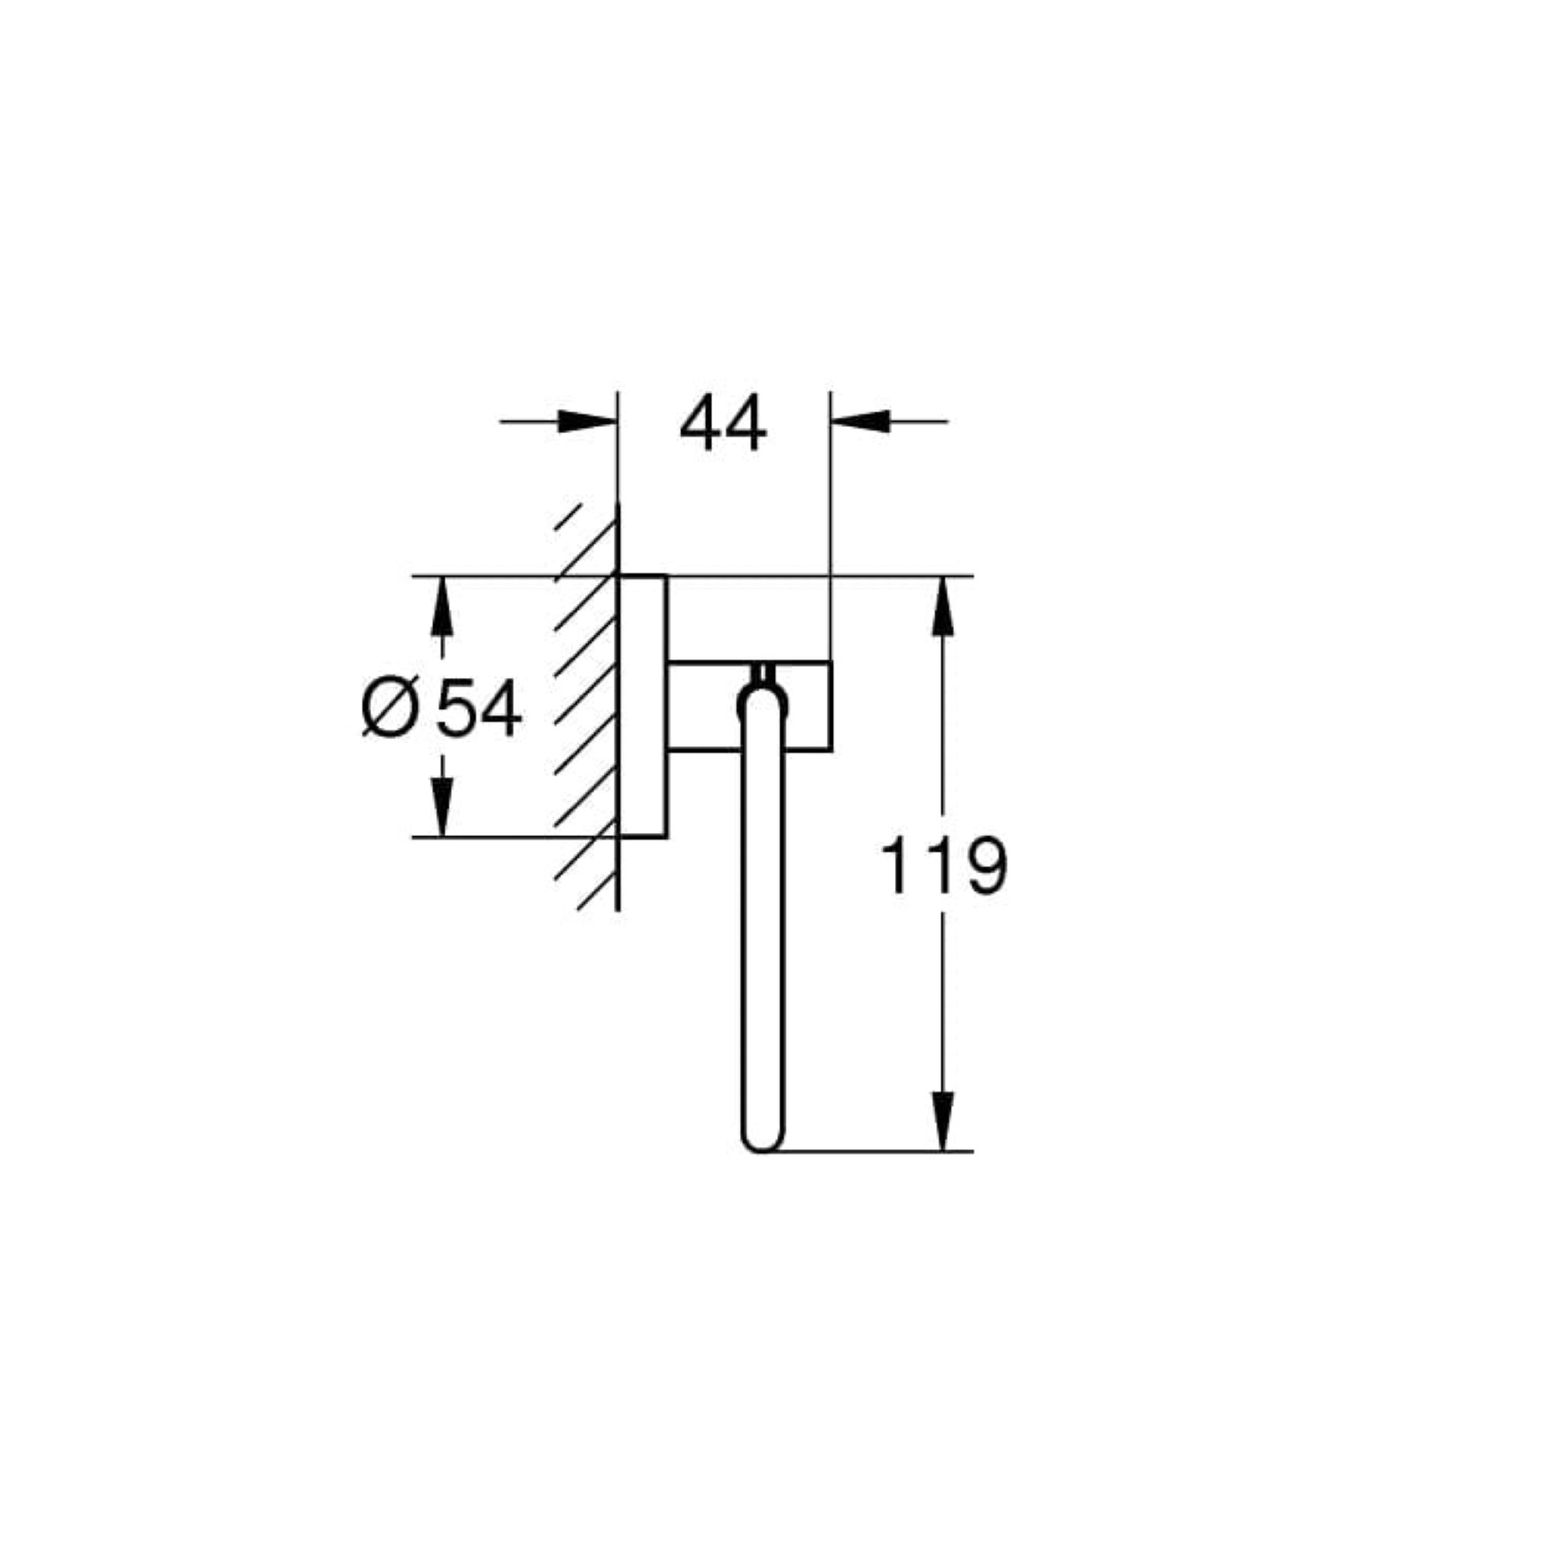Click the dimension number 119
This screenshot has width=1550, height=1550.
[943, 866]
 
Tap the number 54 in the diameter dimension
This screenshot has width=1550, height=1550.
[478, 708]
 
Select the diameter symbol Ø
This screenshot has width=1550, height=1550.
[391, 707]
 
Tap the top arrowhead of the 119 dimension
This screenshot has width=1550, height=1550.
[942, 607]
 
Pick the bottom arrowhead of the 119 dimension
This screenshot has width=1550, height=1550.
[942, 1121]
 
